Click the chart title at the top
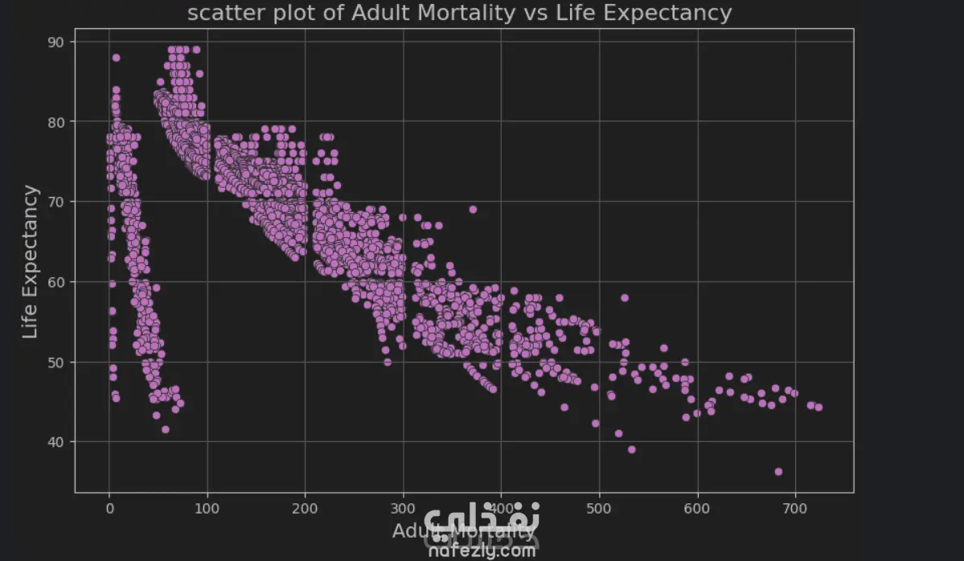click(x=459, y=13)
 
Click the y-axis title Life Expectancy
click(x=30, y=261)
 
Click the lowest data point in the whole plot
click(x=778, y=472)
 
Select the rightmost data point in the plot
click(x=818, y=407)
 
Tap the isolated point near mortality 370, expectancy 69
click(x=473, y=210)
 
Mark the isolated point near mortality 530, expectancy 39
click(x=631, y=450)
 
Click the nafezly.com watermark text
click(x=481, y=551)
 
